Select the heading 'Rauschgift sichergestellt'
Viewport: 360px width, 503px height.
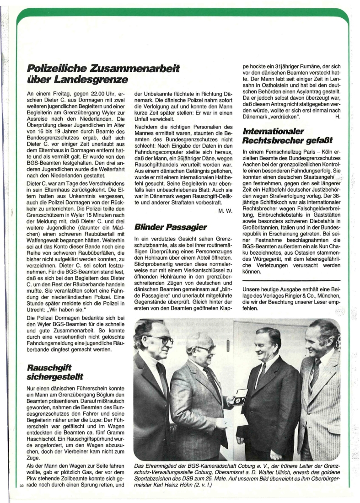[x=56, y=372]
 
